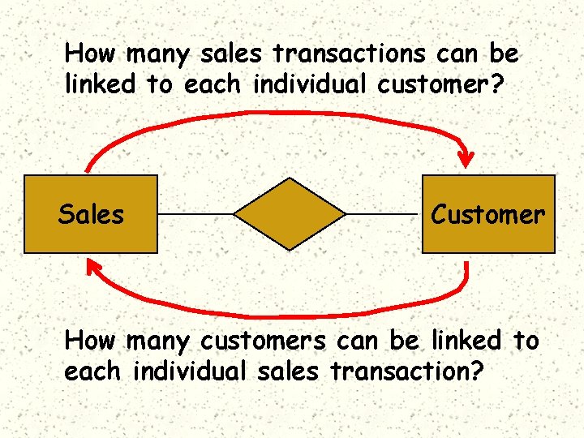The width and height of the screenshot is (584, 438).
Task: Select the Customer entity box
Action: [x=488, y=235]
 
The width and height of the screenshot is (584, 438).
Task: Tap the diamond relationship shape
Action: [x=290, y=214]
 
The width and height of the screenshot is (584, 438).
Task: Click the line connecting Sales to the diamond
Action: [x=195, y=214]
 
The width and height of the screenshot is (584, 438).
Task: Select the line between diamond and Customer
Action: [x=384, y=214]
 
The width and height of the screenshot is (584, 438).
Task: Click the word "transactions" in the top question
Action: [x=348, y=54]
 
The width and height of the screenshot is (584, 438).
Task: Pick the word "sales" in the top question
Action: [x=239, y=54]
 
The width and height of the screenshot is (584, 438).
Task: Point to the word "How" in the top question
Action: [x=89, y=54]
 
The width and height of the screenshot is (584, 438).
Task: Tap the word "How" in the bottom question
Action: [x=89, y=341]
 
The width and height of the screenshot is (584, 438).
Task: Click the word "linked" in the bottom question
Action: [x=463, y=341]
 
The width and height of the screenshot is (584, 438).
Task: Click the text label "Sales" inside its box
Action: [x=91, y=215]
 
